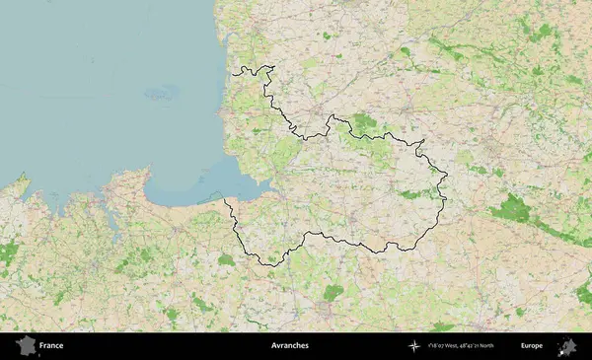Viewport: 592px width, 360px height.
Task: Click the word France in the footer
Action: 51,346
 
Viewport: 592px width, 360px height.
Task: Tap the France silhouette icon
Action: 26,345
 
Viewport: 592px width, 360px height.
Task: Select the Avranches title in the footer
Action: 289,346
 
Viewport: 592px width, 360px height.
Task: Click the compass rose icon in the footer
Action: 413,346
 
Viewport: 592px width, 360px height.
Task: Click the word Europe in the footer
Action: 532,346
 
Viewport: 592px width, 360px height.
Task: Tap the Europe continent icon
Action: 567,345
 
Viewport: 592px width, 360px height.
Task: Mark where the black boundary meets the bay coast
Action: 226,201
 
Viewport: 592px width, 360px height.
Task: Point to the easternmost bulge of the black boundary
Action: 446,180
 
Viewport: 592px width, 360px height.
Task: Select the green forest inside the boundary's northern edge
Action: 364,122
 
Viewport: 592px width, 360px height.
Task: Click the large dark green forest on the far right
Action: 511,208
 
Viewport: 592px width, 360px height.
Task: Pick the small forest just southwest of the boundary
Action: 227,260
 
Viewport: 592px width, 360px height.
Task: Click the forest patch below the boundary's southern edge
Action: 333,292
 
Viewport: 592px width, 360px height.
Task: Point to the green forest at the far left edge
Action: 8,253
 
